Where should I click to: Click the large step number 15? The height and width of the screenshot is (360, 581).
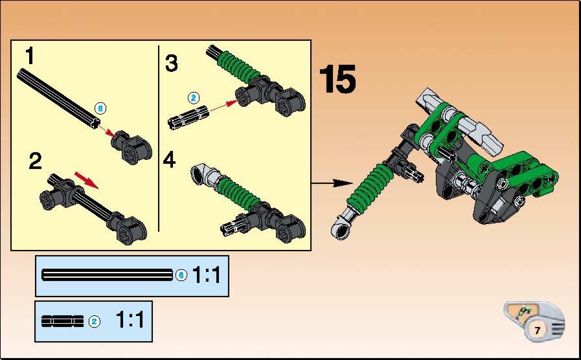[x=337, y=79]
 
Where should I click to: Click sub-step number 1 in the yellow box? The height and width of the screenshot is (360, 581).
[x=29, y=56]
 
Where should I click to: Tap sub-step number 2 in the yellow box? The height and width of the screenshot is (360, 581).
[x=35, y=161]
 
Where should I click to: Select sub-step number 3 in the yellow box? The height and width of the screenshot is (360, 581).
[x=171, y=63]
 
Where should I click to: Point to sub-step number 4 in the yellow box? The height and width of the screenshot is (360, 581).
[x=169, y=160]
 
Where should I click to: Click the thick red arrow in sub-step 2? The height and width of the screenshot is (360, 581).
[x=87, y=179]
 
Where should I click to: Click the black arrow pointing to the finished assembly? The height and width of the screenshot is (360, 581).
[x=332, y=183]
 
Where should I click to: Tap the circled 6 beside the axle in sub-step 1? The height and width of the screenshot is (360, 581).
[x=100, y=109]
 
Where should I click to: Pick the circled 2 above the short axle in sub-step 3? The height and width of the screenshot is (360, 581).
[x=194, y=98]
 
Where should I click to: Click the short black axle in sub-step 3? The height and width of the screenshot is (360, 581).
[x=188, y=117]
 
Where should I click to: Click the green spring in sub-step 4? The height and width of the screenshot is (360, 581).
[x=239, y=192]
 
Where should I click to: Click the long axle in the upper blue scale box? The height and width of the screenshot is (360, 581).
[x=107, y=275]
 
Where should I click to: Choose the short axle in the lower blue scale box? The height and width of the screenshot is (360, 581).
[x=63, y=321]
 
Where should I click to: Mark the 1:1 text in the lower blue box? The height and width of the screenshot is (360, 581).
[x=130, y=319]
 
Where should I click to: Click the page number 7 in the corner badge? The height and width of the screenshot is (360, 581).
[x=538, y=330]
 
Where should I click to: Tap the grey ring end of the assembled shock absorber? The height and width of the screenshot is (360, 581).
[x=341, y=228]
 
